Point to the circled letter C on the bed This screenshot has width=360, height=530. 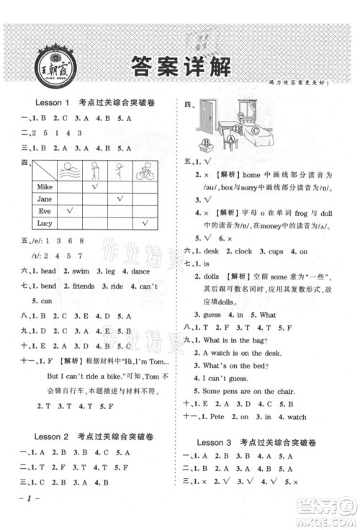tap(255, 130)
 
